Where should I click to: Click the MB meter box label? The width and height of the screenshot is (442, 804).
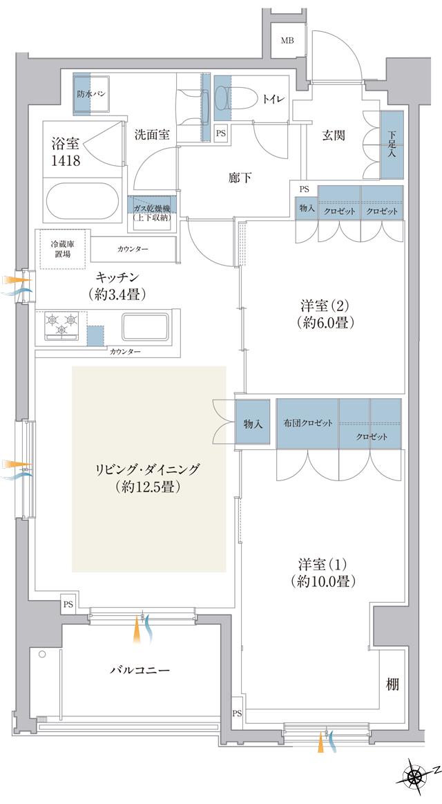tap(287, 40)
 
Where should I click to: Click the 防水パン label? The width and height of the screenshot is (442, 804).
tap(91, 93)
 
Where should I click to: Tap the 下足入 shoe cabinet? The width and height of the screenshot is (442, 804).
tap(392, 143)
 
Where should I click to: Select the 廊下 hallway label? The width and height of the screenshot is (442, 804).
tap(240, 178)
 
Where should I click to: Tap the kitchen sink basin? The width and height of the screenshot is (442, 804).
tap(146, 326)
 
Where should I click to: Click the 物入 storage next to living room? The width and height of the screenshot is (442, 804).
tap(253, 423)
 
